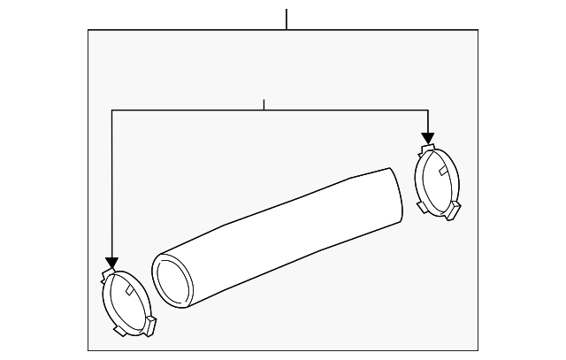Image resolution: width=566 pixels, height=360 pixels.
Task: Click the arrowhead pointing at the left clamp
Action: click(111, 263)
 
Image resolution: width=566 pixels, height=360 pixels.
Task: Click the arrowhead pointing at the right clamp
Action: click(428, 138)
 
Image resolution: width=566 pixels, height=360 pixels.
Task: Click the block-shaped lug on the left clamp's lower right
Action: click(150, 326)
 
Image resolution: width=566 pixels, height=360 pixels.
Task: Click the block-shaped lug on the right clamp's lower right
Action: click(455, 211)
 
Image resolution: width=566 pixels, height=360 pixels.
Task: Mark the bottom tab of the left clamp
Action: click(118, 333)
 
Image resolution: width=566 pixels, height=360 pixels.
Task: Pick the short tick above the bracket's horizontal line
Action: click(264, 104)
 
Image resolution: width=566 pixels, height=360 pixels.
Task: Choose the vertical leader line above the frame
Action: click(287, 19)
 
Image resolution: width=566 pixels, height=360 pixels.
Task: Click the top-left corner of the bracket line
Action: click(111, 110)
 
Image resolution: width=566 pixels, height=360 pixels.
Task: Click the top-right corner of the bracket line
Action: click(428, 110)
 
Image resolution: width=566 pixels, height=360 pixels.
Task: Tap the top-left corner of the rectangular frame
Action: click(88, 30)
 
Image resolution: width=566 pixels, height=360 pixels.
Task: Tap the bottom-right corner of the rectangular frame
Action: click(478, 350)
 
